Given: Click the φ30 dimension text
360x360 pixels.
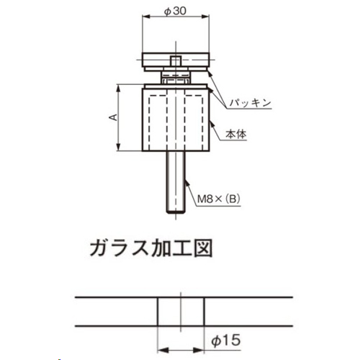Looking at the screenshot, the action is [x=175, y=11].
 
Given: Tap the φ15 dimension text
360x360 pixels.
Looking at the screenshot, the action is [x=226, y=341].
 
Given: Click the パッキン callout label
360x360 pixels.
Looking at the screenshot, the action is [x=251, y=103].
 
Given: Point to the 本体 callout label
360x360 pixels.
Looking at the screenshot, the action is [x=236, y=135].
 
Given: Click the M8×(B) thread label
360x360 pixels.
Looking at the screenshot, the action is [x=218, y=199].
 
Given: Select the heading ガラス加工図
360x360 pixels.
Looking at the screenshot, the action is [x=151, y=248].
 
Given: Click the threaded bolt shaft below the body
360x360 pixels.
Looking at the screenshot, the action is [x=176, y=182].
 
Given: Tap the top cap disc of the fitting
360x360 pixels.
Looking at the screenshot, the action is [x=176, y=60].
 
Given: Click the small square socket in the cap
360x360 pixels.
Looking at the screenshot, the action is [x=176, y=60].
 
